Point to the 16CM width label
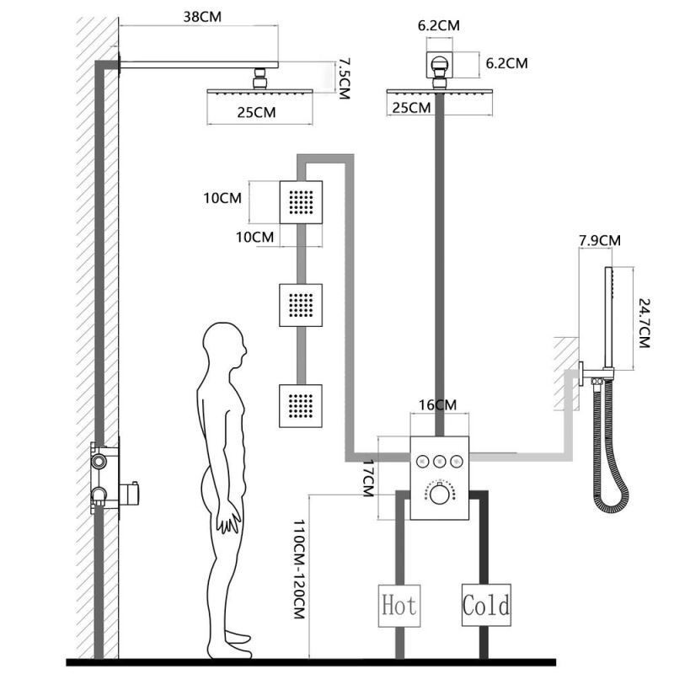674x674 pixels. tap(438, 405)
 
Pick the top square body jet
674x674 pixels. tap(302, 202)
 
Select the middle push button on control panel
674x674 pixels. tap(438, 461)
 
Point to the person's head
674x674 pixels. tap(224, 345)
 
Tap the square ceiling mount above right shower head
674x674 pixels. tap(438, 62)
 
